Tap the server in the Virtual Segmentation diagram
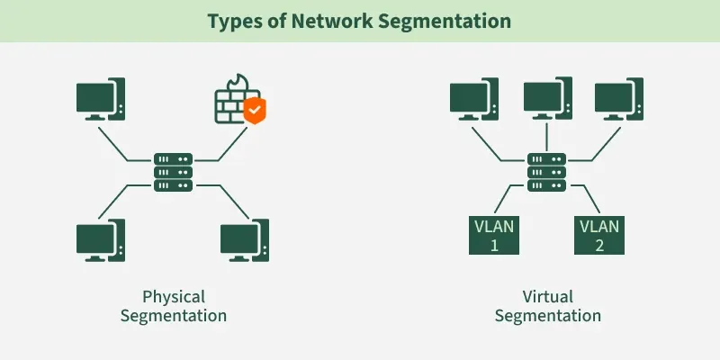pos(546,170)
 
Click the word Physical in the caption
pos(174,296)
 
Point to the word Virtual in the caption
pos(547,296)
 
